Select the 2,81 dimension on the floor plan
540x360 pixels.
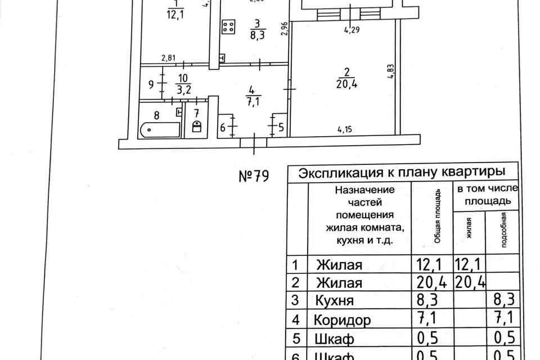click(x=169, y=57)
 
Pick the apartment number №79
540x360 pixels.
click(x=254, y=175)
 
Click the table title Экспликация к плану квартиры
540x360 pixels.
click(x=400, y=172)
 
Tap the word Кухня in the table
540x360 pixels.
click(x=335, y=301)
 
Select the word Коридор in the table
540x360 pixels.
click(x=343, y=321)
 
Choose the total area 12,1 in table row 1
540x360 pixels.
click(x=430, y=264)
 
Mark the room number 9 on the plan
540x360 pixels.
click(x=151, y=85)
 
